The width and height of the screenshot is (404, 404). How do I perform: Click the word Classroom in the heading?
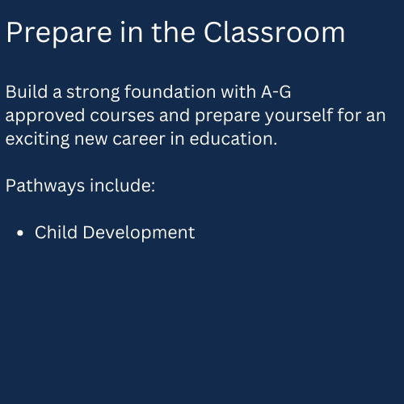(x=274, y=32)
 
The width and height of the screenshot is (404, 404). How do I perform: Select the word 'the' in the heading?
(x=173, y=32)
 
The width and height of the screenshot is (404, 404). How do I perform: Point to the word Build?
(x=27, y=92)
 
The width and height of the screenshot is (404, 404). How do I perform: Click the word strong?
(x=93, y=93)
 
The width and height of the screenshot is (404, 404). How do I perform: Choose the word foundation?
(x=170, y=92)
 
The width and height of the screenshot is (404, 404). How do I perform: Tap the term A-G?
(x=276, y=92)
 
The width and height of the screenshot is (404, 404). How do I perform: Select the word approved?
(x=45, y=116)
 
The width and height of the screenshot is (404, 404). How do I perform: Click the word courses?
(x=122, y=116)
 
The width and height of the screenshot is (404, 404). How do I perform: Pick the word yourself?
(x=299, y=116)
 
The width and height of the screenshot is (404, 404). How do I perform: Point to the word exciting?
(x=37, y=140)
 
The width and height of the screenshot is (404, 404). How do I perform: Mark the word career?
(x=139, y=140)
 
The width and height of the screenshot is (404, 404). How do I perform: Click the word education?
(x=234, y=139)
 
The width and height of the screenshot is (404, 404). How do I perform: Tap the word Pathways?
(x=45, y=187)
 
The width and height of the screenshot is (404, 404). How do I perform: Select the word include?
(x=123, y=186)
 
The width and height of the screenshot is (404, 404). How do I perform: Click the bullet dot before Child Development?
(x=20, y=233)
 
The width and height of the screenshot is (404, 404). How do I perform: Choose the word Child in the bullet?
(x=56, y=232)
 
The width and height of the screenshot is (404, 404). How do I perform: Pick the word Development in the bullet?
(x=139, y=233)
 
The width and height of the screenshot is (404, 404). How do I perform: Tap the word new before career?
(x=91, y=140)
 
